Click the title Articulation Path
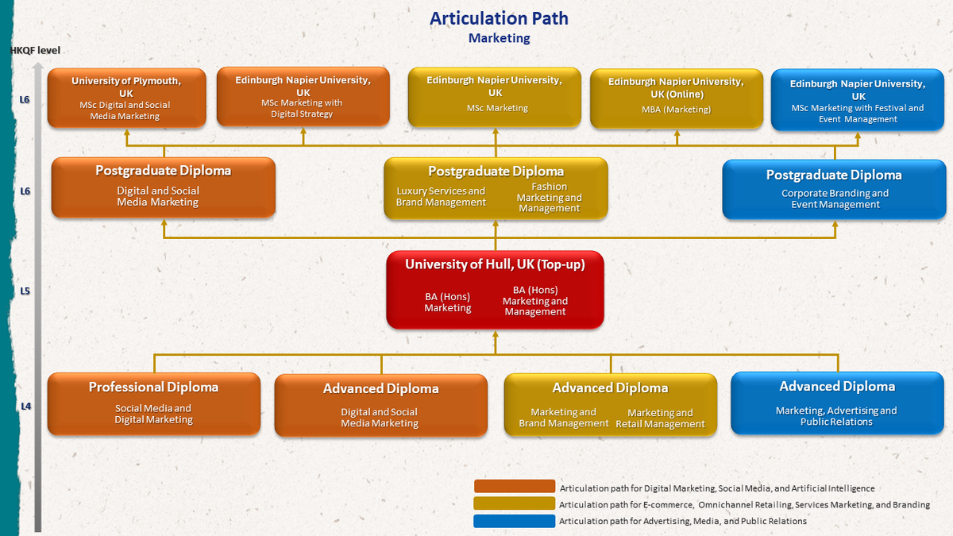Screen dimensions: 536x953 tap(499, 18)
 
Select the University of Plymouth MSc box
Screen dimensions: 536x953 tap(126, 98)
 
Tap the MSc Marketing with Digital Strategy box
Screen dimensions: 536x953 tap(303, 96)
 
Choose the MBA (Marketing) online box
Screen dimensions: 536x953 tap(676, 98)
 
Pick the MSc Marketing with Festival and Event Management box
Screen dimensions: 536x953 tap(858, 100)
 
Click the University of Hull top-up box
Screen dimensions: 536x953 tap(495, 289)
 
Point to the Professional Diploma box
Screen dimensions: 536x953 tap(153, 403)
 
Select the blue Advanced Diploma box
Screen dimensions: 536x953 tap(837, 403)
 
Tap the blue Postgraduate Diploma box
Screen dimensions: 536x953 tap(834, 188)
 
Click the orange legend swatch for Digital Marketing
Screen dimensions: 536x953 tap(514, 486)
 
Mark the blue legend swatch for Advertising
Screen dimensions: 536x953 tap(514, 521)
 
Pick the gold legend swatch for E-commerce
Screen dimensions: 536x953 tap(514, 503)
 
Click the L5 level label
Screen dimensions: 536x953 tap(25, 291)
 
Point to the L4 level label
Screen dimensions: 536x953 tap(25, 406)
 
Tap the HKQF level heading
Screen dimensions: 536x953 tap(35, 51)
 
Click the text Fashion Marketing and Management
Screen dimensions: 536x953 tap(550, 198)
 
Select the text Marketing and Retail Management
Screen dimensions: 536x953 tap(660, 418)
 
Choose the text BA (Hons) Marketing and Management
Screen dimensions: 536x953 tap(535, 301)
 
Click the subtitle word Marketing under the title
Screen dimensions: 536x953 tap(499, 38)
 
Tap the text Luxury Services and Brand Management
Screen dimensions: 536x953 tap(441, 197)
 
